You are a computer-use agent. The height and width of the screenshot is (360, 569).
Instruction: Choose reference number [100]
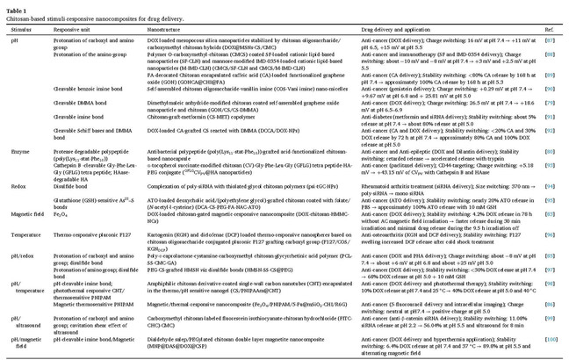[551, 338]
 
